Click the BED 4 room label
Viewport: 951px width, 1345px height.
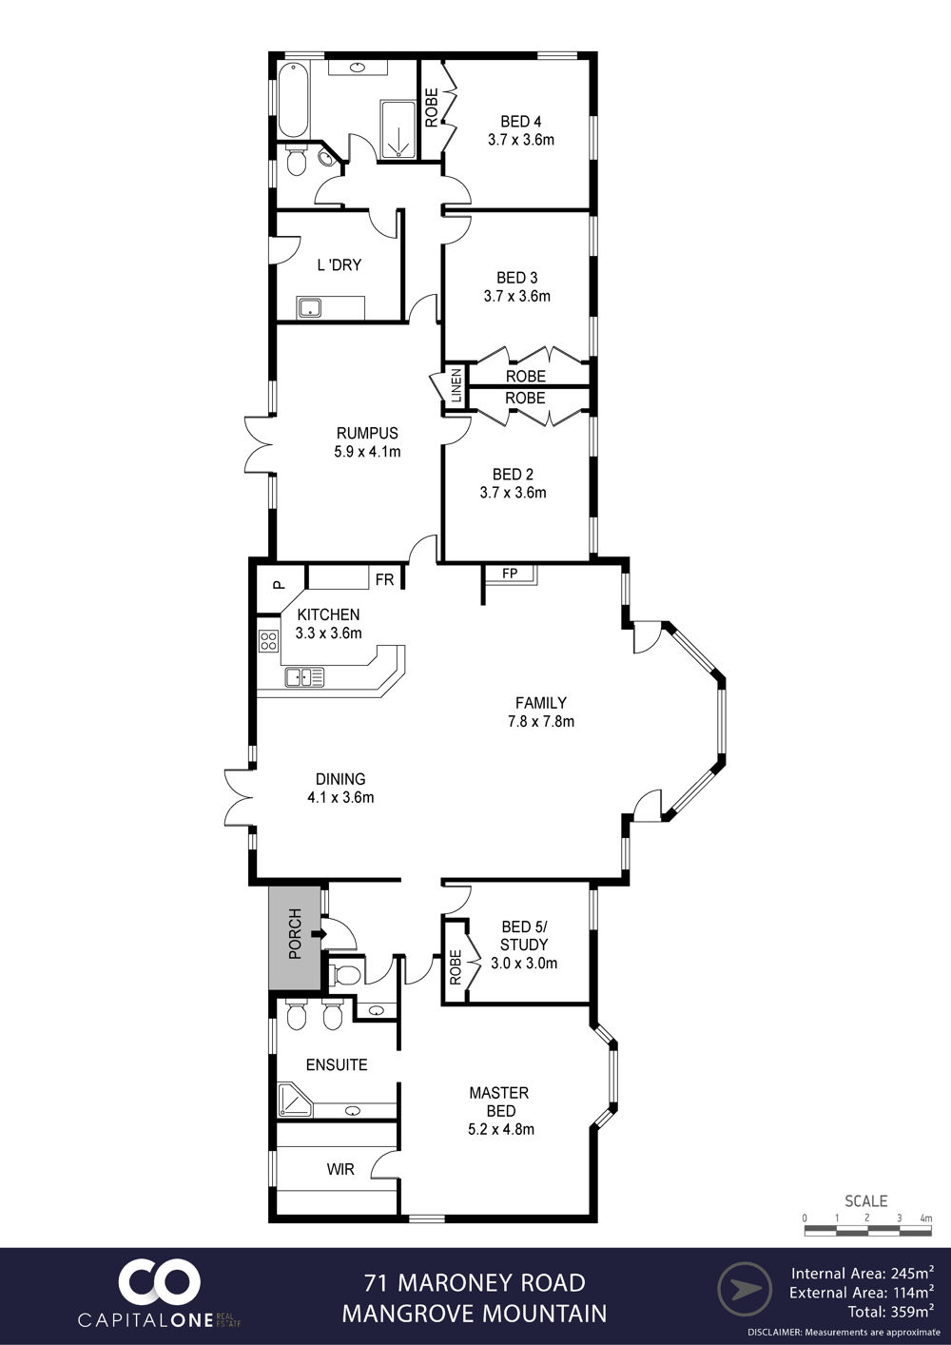pos(520,122)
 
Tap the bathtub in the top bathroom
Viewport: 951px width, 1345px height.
pos(294,100)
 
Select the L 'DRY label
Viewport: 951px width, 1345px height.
pos(340,264)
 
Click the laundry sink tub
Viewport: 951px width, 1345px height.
pos(308,308)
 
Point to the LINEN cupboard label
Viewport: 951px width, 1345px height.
pos(456,385)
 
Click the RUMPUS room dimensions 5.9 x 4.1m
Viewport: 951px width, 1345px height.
pos(367,452)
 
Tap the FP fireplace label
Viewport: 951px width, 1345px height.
pos(510,574)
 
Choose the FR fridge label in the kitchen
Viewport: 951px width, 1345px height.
pos(385,579)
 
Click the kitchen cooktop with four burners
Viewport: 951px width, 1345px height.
pos(268,641)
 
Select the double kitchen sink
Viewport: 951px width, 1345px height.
pos(304,676)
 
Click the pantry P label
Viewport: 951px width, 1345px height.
pos(278,584)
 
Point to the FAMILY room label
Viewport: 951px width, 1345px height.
pos(541,703)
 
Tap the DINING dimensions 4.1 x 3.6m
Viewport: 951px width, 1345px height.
pos(340,797)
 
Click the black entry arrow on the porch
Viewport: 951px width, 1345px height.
pos(319,934)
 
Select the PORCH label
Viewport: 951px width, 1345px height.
pos(295,934)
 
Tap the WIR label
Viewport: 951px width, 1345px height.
pos(340,1169)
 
